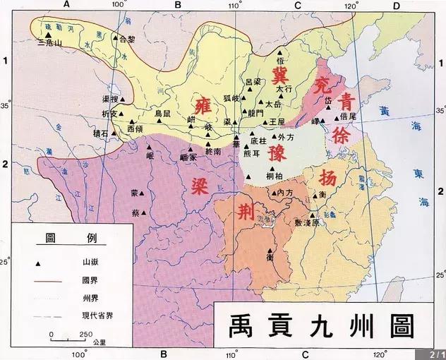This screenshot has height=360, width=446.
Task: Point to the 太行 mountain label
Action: [283, 90]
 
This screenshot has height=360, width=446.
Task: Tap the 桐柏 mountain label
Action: [276, 176]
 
